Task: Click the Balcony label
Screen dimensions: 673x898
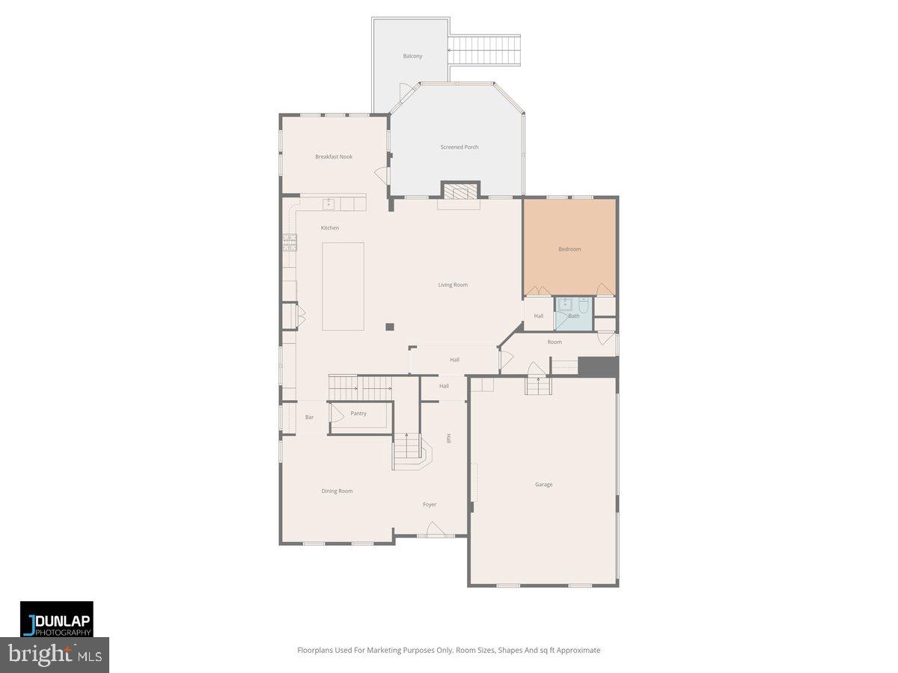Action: coord(412,56)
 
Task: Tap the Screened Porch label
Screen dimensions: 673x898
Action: coord(459,147)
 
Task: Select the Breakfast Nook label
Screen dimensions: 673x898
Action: coord(333,157)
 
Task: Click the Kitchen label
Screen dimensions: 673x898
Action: coord(329,228)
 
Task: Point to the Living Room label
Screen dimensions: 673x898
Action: coord(453,285)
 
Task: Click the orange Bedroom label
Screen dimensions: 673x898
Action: coord(569,249)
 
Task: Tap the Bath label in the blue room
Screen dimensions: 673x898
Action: coord(574,316)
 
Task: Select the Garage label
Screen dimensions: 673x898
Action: coord(543,485)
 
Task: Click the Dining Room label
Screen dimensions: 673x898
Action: coord(337,491)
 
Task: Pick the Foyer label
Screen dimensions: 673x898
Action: coord(429,505)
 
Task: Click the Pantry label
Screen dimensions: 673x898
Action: coord(358,414)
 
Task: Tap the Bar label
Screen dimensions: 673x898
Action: coord(309,417)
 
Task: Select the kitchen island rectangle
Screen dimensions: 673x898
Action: coord(343,286)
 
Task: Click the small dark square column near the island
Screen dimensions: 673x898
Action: coord(390,326)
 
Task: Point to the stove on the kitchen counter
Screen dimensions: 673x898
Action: coord(290,242)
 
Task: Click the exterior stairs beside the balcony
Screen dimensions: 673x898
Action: coord(483,50)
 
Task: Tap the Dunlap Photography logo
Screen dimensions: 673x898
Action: coord(57,619)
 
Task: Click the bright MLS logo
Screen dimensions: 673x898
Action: coord(55,654)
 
